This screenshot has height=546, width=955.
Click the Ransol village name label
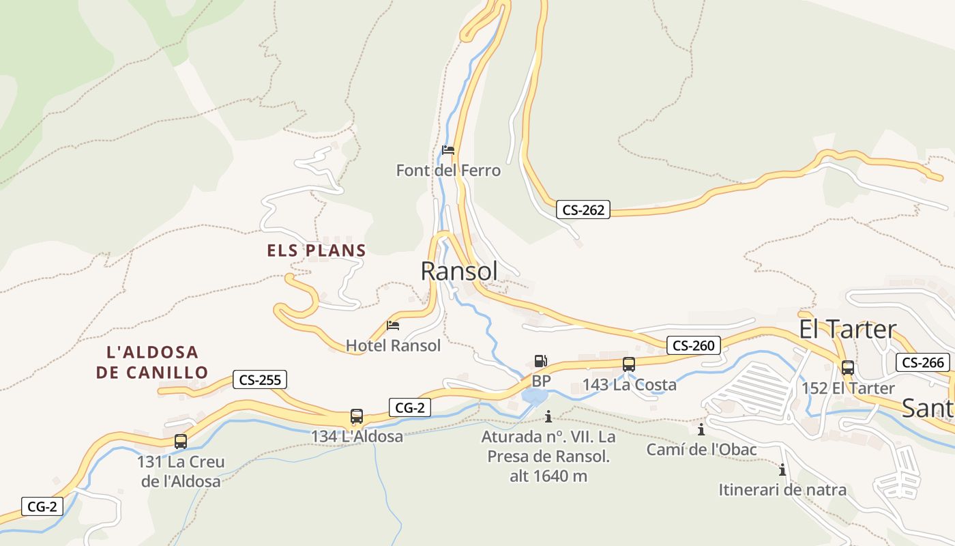(x=459, y=271)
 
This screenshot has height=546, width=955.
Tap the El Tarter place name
(x=847, y=329)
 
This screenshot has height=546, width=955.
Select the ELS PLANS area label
(x=317, y=250)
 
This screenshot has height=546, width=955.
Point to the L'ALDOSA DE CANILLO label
(x=152, y=362)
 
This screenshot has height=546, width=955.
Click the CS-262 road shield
(x=583, y=210)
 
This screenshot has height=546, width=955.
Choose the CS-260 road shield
(x=693, y=345)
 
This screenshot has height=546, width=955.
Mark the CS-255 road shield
(x=260, y=379)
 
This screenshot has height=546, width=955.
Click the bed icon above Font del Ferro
(x=448, y=150)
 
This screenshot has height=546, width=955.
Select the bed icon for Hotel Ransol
(x=393, y=326)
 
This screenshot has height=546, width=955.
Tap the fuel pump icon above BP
(x=540, y=361)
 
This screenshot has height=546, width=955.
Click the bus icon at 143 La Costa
(x=629, y=364)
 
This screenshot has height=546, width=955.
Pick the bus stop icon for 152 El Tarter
(x=847, y=367)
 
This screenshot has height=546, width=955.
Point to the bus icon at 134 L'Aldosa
(x=357, y=416)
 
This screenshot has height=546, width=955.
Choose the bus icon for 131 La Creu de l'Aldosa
(x=181, y=441)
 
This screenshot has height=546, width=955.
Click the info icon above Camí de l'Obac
(x=701, y=430)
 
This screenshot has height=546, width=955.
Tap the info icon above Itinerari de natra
(x=782, y=470)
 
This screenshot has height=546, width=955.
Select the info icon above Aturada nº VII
(x=548, y=416)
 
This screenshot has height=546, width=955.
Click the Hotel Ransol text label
(x=393, y=345)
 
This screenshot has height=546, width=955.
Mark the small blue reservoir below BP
(x=535, y=397)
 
